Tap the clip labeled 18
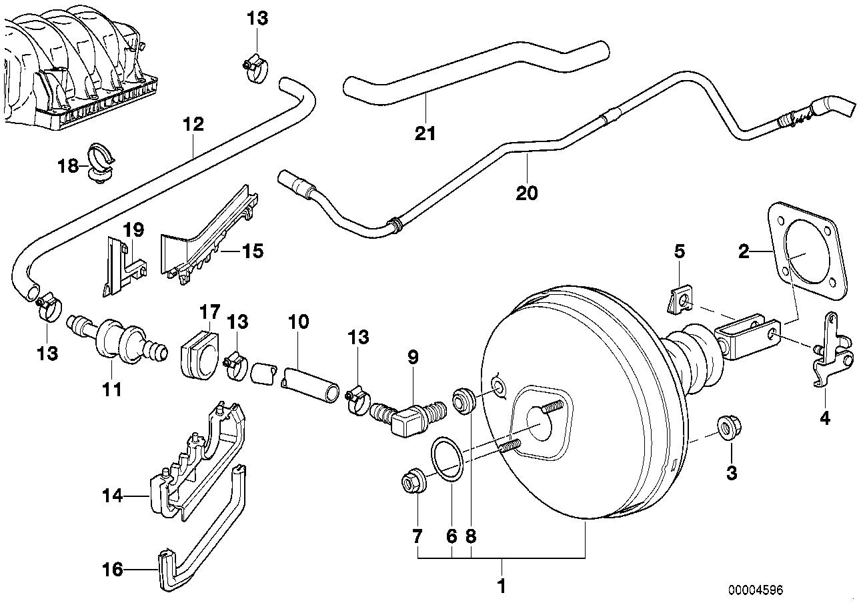(99, 162)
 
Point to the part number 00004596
(756, 590)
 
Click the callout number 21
(425, 133)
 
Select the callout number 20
(526, 193)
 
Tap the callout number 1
(502, 586)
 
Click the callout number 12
(194, 125)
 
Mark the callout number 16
(113, 569)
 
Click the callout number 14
(113, 496)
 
